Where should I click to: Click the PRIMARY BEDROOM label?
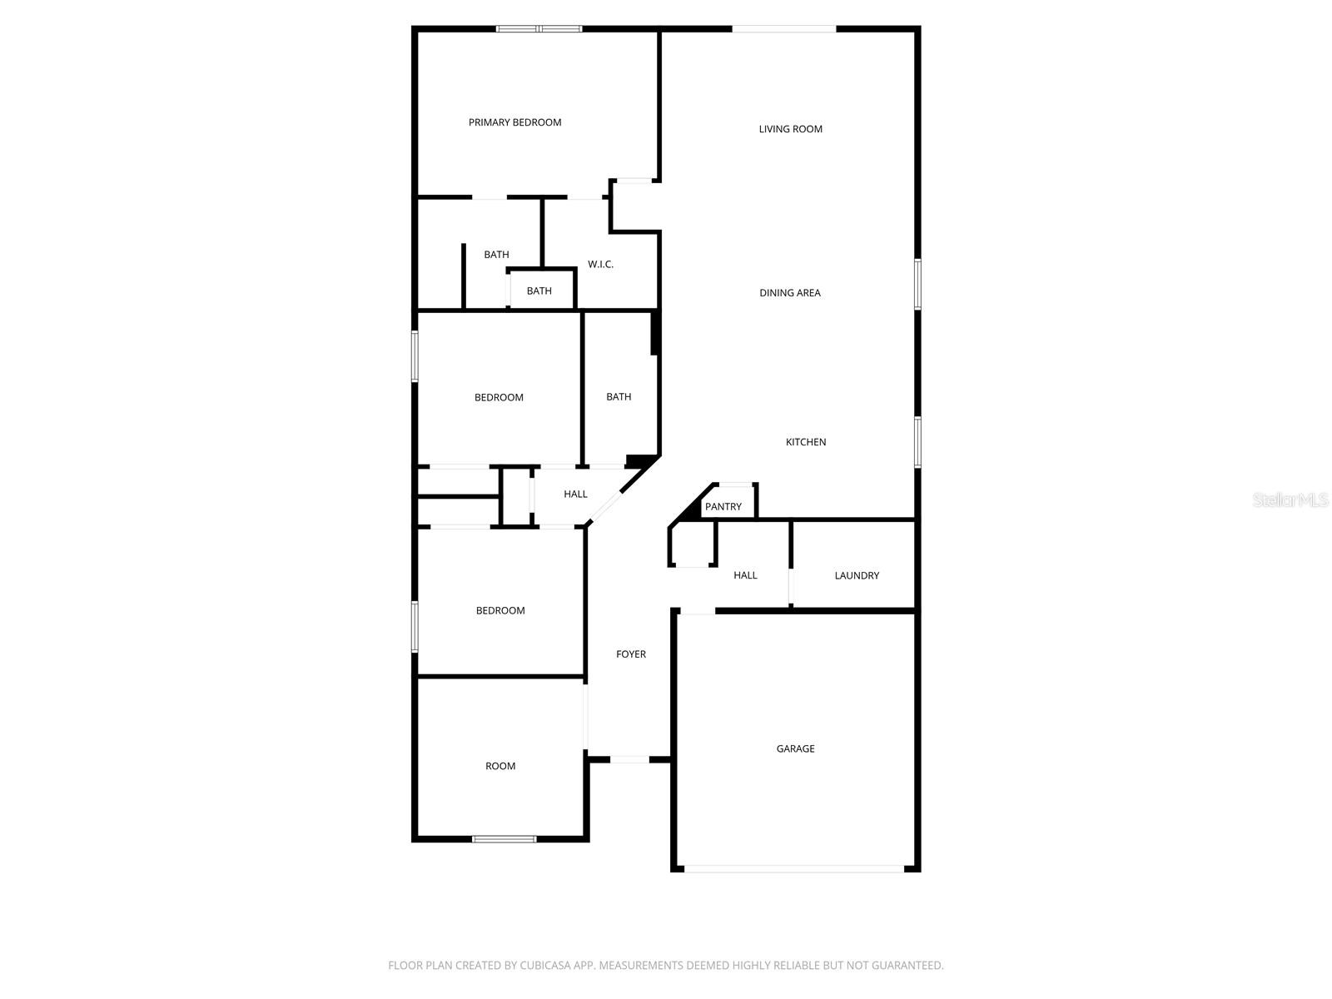514,122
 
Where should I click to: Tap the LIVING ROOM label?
790,129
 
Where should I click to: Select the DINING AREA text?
789,293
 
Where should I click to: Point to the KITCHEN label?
805,442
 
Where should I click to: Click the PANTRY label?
723,506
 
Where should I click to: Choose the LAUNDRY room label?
856,575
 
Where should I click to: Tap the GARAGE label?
795,748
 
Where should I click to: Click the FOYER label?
630,654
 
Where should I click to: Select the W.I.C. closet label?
600,265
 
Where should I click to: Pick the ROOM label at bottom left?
500,766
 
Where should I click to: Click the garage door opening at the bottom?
793,869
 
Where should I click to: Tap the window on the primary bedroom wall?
539,29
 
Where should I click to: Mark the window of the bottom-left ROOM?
504,838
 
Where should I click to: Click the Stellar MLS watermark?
1290,499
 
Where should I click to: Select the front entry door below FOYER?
629,759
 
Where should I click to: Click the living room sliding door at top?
783,29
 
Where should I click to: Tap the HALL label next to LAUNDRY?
745,575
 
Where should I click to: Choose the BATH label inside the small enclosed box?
539,291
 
